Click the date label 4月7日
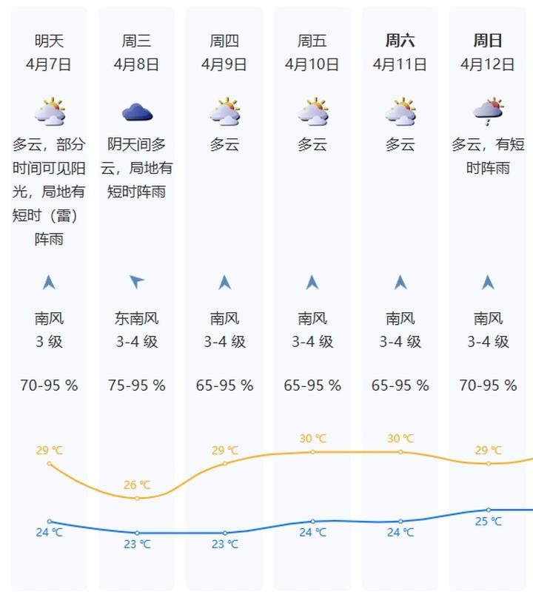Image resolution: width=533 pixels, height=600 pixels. [x=49, y=64]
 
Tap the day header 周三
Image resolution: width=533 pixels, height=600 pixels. [x=137, y=41]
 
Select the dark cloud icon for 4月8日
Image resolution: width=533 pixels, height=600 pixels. [x=137, y=112]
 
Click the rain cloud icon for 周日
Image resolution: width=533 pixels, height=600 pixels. [x=488, y=111]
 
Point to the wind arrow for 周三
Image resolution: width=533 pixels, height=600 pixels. [x=137, y=281]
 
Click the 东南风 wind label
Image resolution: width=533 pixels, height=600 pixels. [x=137, y=319]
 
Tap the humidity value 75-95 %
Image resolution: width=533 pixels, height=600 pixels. [x=137, y=385]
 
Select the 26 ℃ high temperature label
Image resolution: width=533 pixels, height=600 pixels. [x=137, y=485]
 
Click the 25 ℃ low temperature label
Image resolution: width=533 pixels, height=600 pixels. [x=488, y=522]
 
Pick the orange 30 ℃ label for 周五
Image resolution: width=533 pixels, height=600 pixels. [x=312, y=439]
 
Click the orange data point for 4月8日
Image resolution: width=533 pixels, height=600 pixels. [x=137, y=498]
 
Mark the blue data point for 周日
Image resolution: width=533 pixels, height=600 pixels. [x=488, y=510]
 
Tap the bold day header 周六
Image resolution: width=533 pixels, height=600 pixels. [x=400, y=41]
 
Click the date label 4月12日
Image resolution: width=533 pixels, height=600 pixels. [x=488, y=64]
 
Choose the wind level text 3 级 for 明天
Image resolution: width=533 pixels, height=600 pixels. [x=49, y=342]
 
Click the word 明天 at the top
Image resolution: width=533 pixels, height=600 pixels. [x=49, y=41]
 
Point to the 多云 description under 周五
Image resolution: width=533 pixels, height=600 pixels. [x=312, y=145]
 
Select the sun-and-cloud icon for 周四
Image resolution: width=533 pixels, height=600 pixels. [x=225, y=112]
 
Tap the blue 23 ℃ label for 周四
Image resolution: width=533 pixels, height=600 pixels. [x=225, y=545]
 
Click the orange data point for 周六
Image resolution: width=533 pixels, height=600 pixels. [x=400, y=451]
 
